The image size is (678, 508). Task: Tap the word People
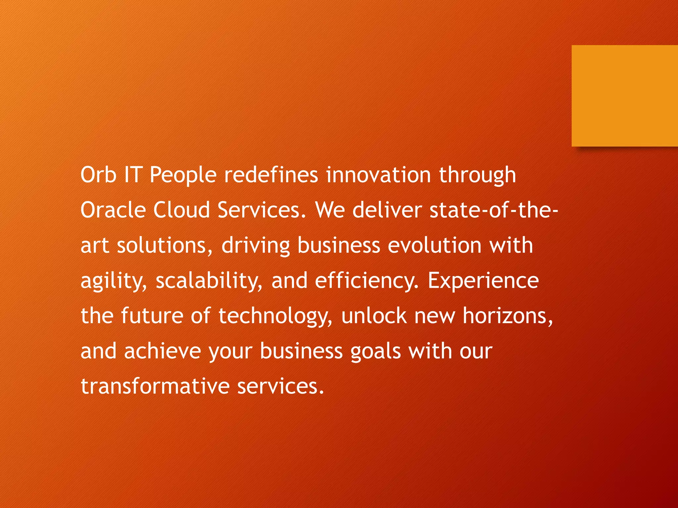(183, 175)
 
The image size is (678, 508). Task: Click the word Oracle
(113, 210)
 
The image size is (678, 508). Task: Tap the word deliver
(387, 210)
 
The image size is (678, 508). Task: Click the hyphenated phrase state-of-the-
(494, 210)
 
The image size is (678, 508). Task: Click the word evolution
(434, 245)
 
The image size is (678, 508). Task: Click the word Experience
(483, 281)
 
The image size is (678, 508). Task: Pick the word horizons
(507, 316)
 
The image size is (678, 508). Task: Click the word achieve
(163, 351)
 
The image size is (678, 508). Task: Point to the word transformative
(155, 386)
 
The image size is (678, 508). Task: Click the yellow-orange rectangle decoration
(624, 96)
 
